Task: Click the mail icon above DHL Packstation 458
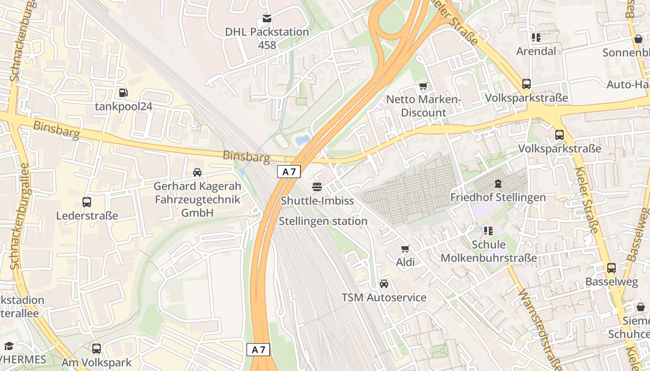click(267, 19)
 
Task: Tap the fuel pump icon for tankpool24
click(123, 93)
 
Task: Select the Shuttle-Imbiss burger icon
click(317, 187)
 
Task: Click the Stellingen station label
click(323, 221)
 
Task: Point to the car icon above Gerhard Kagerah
click(197, 173)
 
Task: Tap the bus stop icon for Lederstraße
click(87, 202)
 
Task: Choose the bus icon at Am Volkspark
click(97, 348)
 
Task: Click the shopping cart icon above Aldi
click(405, 249)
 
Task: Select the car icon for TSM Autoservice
click(384, 284)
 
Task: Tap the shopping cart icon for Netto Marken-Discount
click(423, 86)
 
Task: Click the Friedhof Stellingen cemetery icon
click(498, 184)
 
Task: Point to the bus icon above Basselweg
click(611, 268)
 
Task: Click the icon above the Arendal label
click(536, 38)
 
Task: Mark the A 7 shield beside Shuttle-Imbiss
click(289, 172)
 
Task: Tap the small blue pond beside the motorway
click(302, 139)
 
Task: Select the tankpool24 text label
click(123, 106)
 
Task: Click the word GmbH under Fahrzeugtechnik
click(197, 212)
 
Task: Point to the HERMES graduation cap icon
click(9, 346)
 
